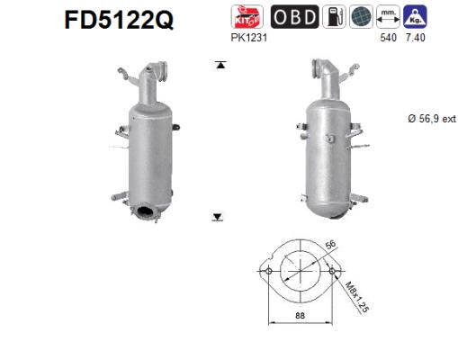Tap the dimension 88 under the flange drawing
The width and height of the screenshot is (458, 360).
click(x=300, y=314)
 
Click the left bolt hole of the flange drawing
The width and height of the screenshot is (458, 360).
click(x=266, y=270)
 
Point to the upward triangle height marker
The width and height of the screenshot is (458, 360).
click(x=218, y=64)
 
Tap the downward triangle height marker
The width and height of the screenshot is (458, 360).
click(x=218, y=217)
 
